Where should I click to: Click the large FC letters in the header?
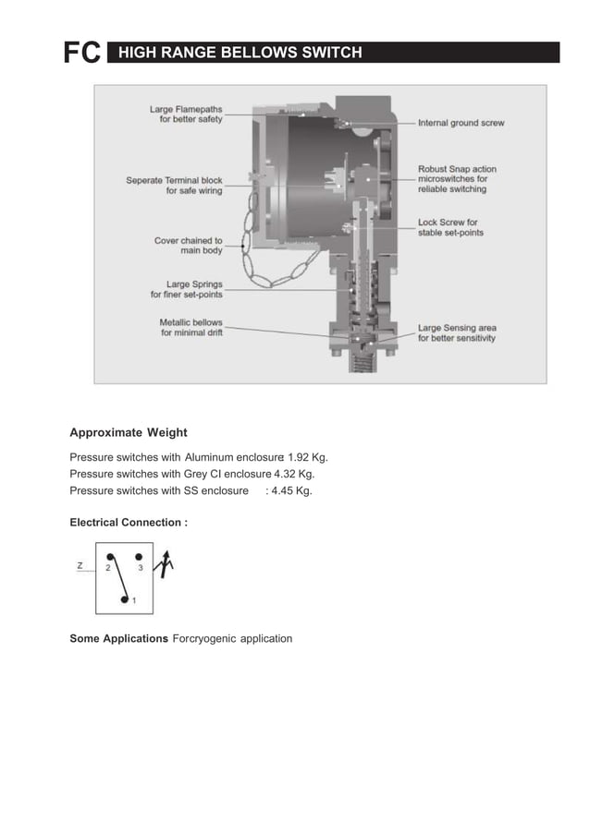tap(81, 54)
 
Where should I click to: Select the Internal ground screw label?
tap(461, 123)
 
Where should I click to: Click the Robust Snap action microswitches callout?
tap(457, 179)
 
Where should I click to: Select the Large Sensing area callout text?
tap(456, 332)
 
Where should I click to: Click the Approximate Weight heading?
tap(129, 433)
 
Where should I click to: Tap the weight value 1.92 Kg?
tap(308, 457)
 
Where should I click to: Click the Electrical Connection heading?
tap(129, 523)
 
